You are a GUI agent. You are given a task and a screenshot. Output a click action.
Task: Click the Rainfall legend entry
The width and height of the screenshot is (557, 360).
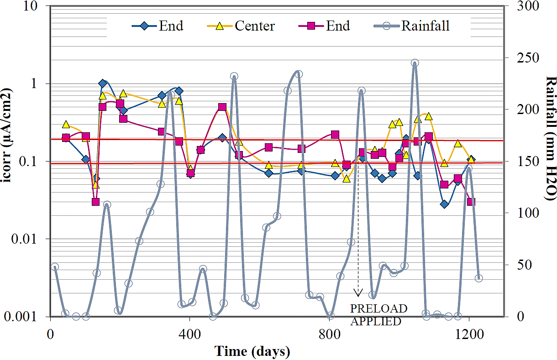tap(425, 26)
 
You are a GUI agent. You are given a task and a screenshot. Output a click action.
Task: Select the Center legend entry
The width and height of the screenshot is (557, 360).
tap(255, 26)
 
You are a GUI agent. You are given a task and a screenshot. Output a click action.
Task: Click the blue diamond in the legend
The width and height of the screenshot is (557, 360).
tap(145, 26)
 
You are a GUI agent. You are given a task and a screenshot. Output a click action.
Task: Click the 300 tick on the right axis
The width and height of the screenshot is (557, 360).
tap(525, 6)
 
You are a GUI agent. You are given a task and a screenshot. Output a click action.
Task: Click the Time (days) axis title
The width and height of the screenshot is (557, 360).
tap(252, 351)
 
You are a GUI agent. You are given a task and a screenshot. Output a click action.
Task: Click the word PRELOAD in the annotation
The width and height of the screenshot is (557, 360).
tap(378, 309)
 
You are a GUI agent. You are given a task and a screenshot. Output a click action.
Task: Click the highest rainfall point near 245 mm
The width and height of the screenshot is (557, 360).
tap(415, 63)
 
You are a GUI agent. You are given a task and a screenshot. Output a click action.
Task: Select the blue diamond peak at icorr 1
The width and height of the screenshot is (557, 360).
tap(103, 83)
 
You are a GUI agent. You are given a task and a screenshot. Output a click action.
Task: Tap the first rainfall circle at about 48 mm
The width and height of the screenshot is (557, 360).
tap(55, 267)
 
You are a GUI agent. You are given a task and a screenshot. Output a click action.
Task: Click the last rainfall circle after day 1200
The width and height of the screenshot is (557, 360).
tap(478, 278)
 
